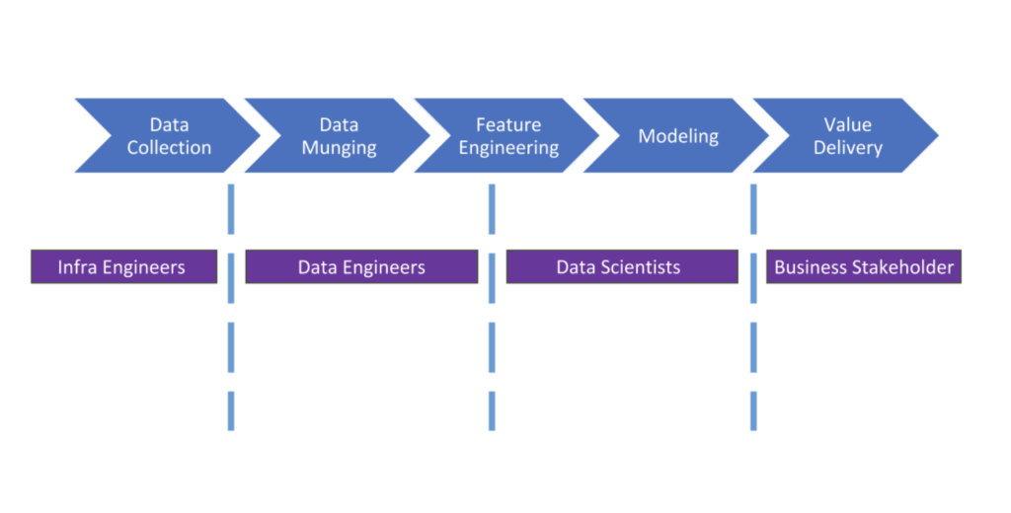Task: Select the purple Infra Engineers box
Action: pos(123,267)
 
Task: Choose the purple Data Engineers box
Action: pos(361,267)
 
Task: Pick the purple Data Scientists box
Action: pos(621,267)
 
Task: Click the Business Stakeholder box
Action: pos(864,267)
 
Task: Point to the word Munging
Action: pos(339,148)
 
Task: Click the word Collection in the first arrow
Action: pos(169,148)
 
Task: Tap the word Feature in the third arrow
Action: pos(508,125)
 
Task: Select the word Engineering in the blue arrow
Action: pos(508,148)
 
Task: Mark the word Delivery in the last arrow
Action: pos(847,148)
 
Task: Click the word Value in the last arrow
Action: pos(847,125)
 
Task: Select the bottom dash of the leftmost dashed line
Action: pos(231,410)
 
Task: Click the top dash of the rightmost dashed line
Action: pos(753,208)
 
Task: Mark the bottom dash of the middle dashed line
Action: pos(492,410)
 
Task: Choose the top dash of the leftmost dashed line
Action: pos(231,208)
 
